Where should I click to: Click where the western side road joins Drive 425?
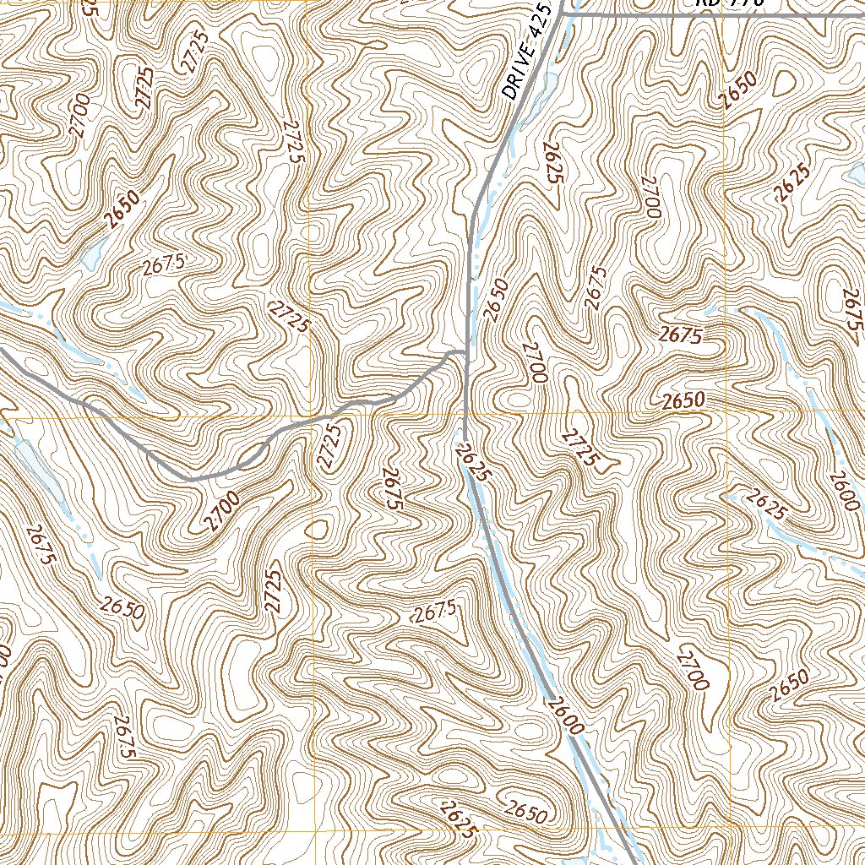465,351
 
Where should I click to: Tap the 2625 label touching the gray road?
471,460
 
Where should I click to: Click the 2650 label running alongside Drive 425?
497,300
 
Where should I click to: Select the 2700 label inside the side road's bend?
220,511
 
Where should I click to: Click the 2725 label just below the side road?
330,446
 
